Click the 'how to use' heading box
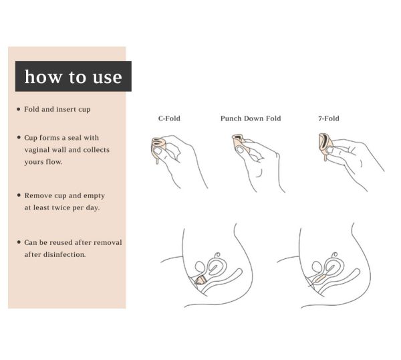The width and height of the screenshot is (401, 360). coord(74,76)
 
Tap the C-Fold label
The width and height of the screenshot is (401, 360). coord(169,118)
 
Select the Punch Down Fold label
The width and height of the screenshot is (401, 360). coord(251,118)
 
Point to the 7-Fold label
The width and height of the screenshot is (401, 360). coord(329,118)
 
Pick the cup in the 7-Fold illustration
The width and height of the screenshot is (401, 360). coord(325,145)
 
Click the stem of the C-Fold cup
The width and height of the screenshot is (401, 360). coord(157,161)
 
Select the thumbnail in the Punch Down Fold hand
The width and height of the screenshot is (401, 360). coord(241,150)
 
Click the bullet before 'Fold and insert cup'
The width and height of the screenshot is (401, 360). coord(19,109)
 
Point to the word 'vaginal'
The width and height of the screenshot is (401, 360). coord(37,150)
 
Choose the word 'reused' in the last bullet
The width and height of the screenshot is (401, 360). coord(60,242)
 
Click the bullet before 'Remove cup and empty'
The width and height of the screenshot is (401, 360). coord(19,195)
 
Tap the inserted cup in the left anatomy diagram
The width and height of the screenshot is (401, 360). coord(200,280)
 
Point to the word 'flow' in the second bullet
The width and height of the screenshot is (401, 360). coord(54,162)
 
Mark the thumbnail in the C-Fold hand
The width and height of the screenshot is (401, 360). coord(158,151)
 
